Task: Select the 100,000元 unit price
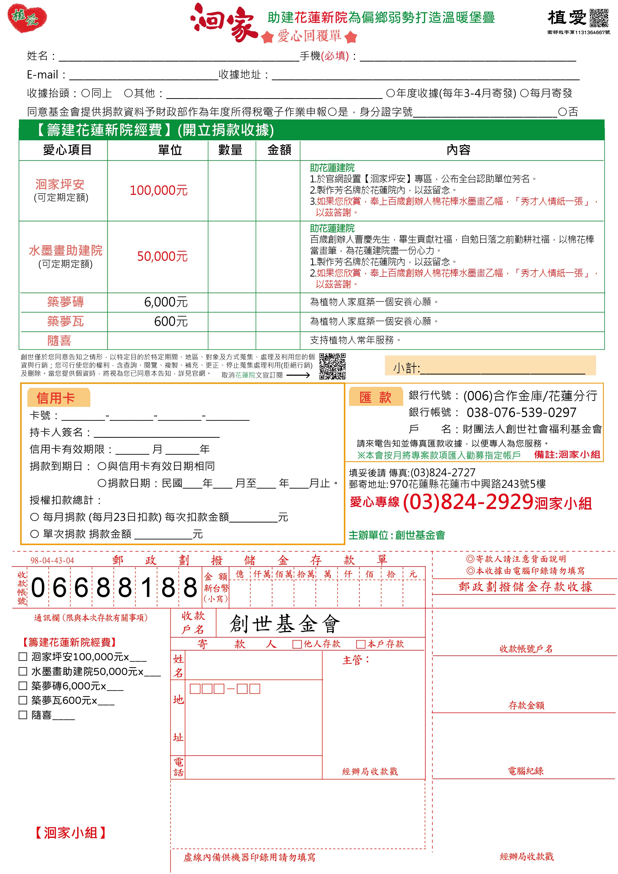[x=159, y=190]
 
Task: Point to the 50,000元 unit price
[x=162, y=257]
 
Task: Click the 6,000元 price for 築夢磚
[x=166, y=302]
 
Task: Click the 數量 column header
[x=230, y=150]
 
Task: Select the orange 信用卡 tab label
[x=56, y=398]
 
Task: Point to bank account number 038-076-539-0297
[x=521, y=412]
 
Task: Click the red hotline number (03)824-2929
[x=467, y=502]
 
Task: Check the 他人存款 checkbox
[x=297, y=644]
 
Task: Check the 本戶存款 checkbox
[x=361, y=644]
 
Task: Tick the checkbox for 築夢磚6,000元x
[x=23, y=686]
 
